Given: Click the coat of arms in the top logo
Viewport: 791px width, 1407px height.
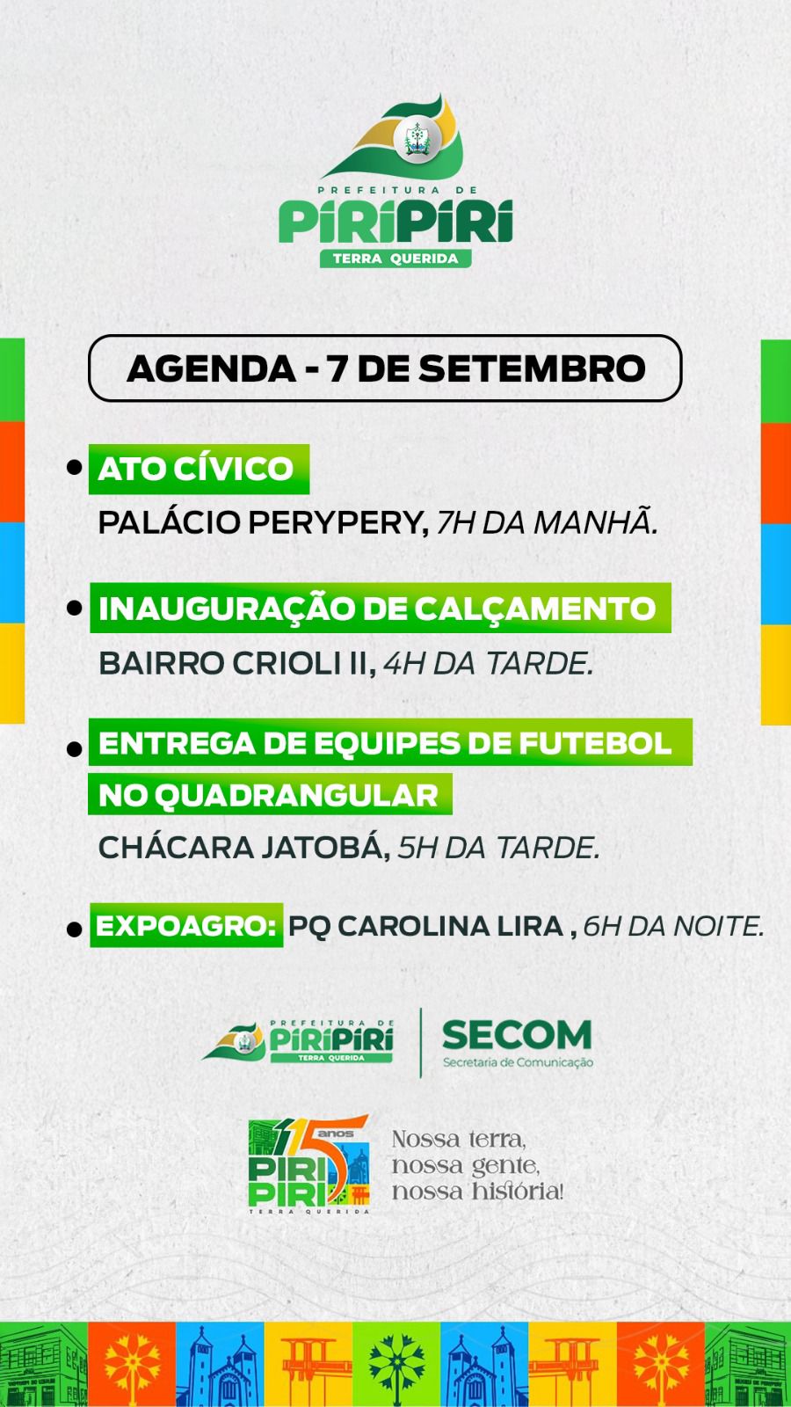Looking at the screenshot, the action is pos(417,139).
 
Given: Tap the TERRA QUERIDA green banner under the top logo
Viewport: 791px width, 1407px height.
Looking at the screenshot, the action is pos(395,259).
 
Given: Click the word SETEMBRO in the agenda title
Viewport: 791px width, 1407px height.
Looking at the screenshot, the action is pos(532,368).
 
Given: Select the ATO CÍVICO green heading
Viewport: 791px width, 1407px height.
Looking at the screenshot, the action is pos(199,470).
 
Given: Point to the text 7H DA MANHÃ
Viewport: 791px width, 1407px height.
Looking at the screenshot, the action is pos(547,522).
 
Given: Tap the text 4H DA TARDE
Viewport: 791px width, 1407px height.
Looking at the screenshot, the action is pos(489,664).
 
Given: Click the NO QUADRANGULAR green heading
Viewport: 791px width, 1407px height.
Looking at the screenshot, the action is pos(270,795).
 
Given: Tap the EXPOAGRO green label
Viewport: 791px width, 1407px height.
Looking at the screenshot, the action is pos(186,925).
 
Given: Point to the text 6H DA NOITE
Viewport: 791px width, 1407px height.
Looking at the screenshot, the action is pos(673,927).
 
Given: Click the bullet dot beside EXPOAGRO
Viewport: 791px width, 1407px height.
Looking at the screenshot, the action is pos(75,929).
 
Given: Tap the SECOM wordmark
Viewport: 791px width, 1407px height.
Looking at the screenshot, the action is pos(517,1034).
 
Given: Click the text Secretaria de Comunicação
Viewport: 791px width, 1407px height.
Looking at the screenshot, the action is pos(518,1063).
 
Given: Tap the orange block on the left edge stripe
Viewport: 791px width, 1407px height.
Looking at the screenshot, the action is pos(12,471).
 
